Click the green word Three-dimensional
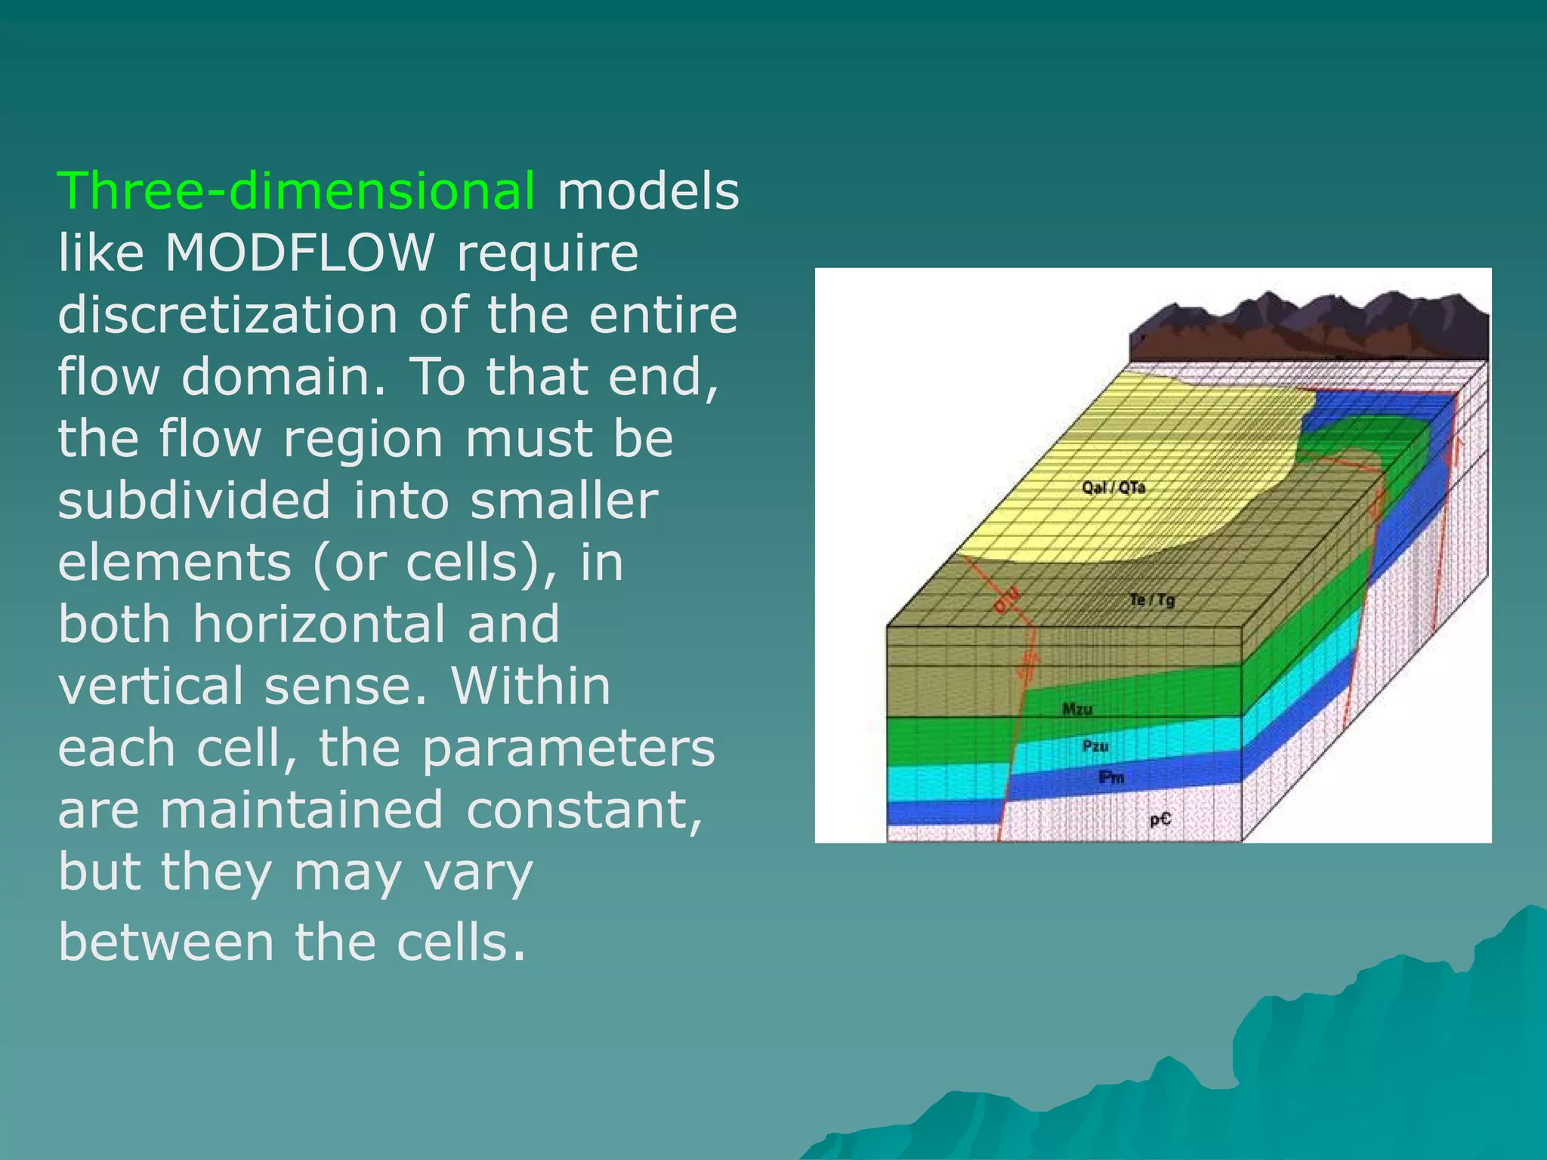(297, 190)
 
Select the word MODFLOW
(300, 252)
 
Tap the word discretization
(227, 314)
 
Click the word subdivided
(194, 500)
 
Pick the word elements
(174, 562)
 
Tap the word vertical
(150, 686)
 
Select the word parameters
(567, 748)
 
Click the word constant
(584, 810)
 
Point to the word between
(165, 942)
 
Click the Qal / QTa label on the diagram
(1113, 487)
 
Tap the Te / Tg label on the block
(1152, 600)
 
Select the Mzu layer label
(1077, 709)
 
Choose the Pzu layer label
(1095, 746)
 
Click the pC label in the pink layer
(1160, 819)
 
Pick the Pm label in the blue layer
(1111, 777)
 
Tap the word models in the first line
(648, 190)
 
